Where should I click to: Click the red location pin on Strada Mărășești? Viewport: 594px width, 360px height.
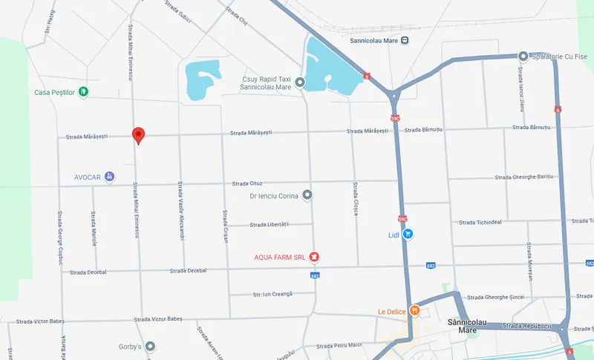138,135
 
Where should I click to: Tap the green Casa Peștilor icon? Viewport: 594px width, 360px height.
84,92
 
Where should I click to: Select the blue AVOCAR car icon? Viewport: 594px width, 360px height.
110,177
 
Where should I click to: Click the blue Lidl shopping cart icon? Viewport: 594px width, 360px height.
408,234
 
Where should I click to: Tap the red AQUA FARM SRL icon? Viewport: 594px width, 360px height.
314,257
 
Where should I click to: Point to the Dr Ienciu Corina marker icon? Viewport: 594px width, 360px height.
307,196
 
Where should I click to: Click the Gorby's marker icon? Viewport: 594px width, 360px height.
151,347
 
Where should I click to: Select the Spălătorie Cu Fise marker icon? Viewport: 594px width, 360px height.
523,56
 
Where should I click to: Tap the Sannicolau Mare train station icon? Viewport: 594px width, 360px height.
404,41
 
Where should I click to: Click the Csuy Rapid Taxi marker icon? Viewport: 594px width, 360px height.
300,82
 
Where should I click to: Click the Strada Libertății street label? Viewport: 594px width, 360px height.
269,224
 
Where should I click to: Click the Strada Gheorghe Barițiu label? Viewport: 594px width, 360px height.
524,177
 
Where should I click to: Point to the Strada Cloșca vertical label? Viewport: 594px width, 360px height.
356,198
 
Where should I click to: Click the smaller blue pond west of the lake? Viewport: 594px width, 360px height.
203,79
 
